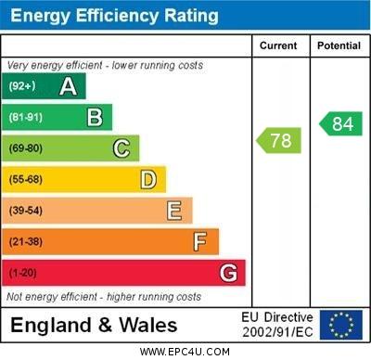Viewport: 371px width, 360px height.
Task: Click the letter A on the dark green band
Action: [x=68, y=86]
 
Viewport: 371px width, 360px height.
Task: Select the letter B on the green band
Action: [x=95, y=117]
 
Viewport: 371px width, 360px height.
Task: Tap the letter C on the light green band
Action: [x=122, y=148]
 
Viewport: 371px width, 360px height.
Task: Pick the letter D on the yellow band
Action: [x=148, y=179]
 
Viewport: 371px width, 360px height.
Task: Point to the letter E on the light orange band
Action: [x=174, y=211]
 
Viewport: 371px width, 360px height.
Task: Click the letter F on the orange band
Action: [x=200, y=242]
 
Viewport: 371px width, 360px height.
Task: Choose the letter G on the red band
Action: [x=228, y=273]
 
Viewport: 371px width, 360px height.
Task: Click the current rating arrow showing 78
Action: [x=278, y=141]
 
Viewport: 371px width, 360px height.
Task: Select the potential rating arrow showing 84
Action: [x=340, y=123]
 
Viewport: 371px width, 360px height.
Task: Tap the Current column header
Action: [x=278, y=45]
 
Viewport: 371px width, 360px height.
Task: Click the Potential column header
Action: [x=339, y=45]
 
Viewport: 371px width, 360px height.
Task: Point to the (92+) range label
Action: [x=23, y=86]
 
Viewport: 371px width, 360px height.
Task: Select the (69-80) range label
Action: [x=26, y=148]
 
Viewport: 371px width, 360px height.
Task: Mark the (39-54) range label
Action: [x=26, y=211]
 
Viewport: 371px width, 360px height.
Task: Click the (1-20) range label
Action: [x=23, y=273]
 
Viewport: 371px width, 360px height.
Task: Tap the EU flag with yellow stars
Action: [x=340, y=325]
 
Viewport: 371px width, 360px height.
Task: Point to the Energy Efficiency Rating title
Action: [x=113, y=16]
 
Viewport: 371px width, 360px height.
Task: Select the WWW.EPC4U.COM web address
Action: [x=185, y=352]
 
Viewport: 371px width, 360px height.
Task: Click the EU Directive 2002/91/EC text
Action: [x=277, y=325]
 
